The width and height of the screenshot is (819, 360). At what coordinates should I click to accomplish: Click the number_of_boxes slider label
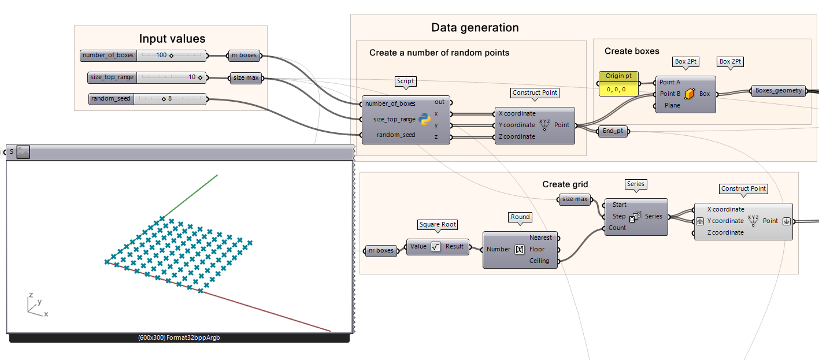[108, 55]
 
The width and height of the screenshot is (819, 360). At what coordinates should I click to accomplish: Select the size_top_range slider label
[112, 77]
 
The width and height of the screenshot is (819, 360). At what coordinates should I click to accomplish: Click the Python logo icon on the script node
[425, 120]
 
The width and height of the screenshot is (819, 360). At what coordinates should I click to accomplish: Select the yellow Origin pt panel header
[618, 76]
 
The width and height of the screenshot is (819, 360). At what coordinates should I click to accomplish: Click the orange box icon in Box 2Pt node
[690, 94]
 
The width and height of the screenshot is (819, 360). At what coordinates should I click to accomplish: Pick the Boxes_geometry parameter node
[779, 91]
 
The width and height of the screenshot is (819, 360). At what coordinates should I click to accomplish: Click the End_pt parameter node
[613, 131]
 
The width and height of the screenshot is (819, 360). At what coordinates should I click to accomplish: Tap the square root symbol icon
[436, 247]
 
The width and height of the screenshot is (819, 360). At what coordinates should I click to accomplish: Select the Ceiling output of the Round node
[540, 261]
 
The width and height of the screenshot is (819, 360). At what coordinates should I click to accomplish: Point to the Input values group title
[172, 39]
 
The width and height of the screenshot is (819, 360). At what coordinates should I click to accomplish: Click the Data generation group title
[475, 28]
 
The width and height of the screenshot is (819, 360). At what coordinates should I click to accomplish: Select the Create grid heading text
[565, 184]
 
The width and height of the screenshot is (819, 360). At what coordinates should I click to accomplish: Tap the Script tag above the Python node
[405, 81]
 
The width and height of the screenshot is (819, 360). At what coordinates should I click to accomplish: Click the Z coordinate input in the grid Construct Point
[725, 232]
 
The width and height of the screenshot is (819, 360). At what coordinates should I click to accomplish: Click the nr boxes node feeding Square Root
[381, 250]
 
